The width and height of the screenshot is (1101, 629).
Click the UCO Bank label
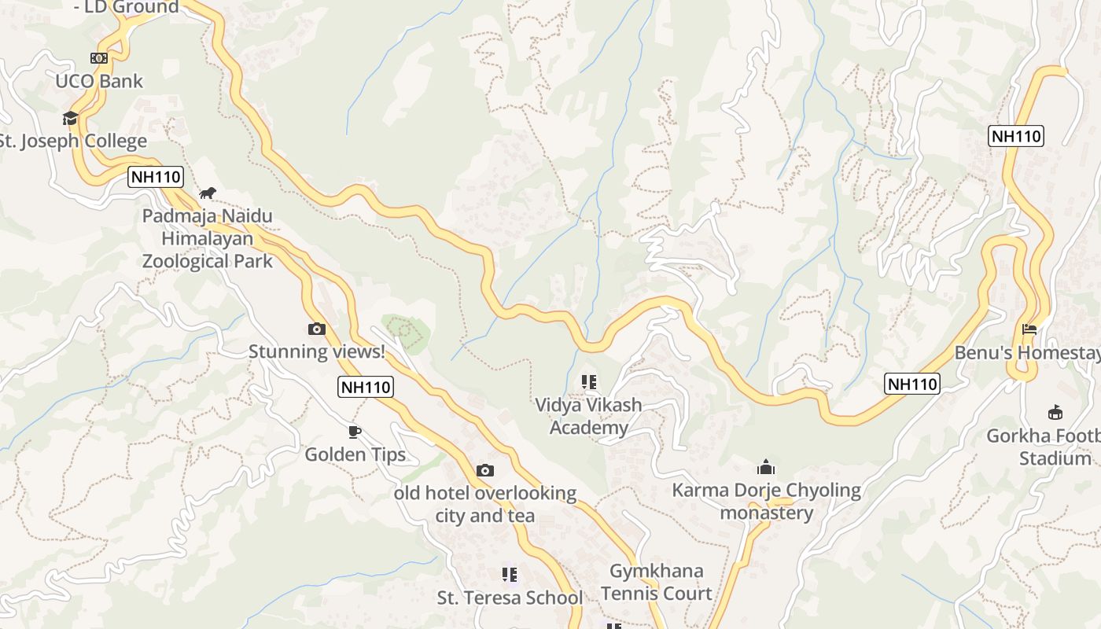click(99, 81)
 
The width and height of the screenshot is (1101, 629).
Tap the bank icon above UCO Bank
click(98, 58)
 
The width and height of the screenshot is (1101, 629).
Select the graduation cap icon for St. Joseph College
click(70, 119)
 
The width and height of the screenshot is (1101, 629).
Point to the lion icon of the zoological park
click(208, 193)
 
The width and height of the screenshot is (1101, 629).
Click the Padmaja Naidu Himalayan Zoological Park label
click(208, 238)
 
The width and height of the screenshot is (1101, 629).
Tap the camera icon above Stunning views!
click(316, 329)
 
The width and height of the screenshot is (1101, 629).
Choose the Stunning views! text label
click(316, 351)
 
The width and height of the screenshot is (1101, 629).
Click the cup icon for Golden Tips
click(355, 432)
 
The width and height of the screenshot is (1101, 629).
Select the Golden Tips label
click(355, 454)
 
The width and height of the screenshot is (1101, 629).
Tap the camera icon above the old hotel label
click(485, 470)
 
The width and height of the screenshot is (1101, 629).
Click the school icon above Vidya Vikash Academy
click(588, 382)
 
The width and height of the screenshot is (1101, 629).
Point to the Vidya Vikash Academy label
click(588, 416)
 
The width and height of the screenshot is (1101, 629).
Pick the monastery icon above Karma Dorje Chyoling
click(766, 468)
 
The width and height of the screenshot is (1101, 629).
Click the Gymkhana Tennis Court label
click(657, 582)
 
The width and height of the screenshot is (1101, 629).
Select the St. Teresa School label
click(510, 598)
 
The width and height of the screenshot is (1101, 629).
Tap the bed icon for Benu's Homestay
click(1029, 329)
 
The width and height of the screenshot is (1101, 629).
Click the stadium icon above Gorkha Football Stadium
click(1055, 412)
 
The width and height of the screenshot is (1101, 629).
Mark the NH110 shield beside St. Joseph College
click(156, 177)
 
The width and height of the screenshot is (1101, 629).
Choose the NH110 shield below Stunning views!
click(366, 387)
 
